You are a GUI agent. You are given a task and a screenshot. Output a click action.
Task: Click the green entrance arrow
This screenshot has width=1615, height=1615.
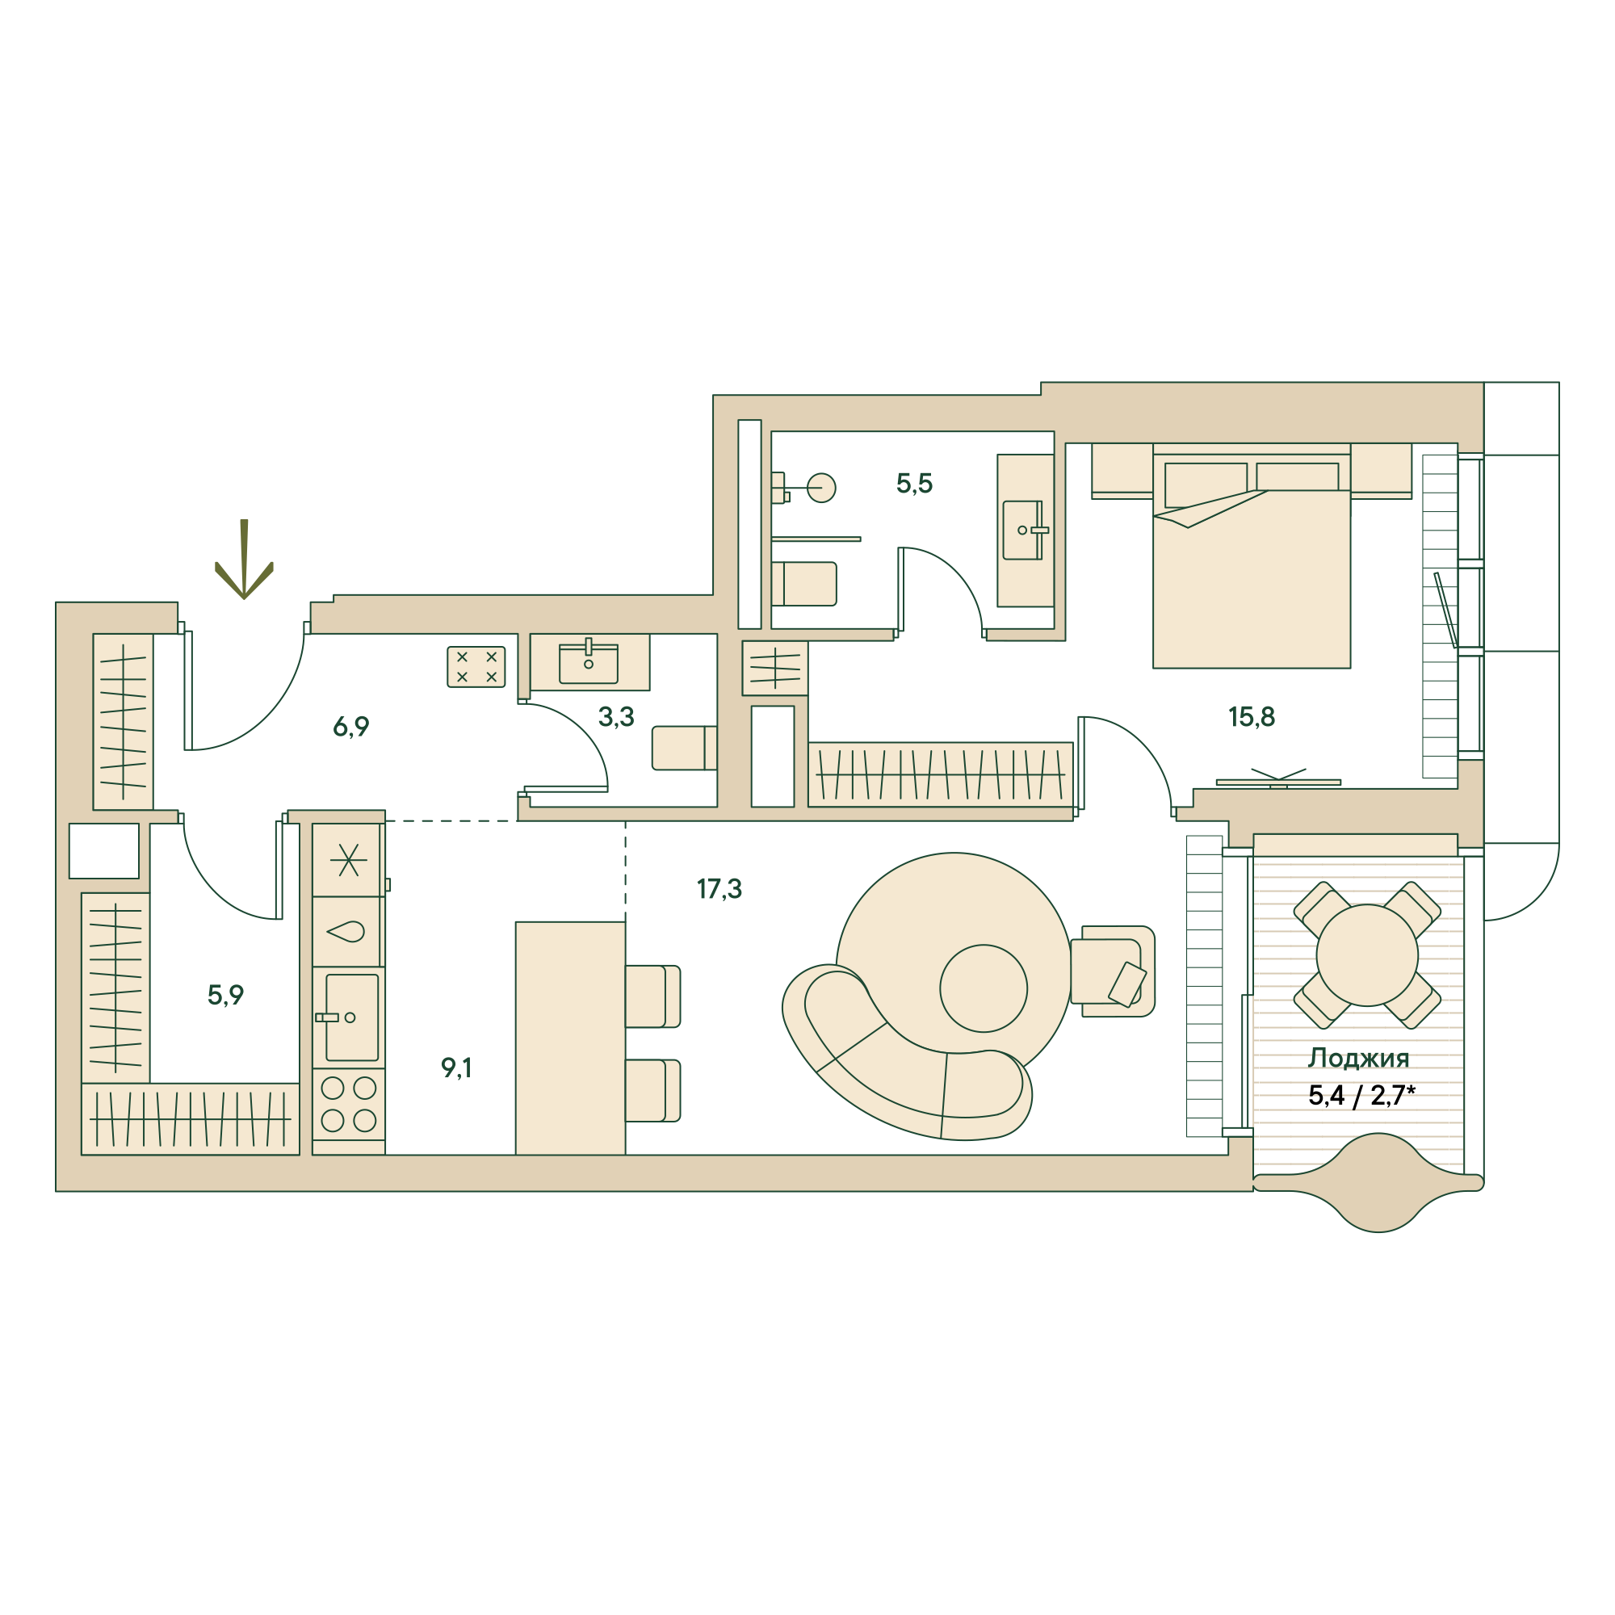pyautogui.click(x=244, y=560)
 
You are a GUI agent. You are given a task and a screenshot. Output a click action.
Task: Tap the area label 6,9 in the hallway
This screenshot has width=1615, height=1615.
pyautogui.click(x=351, y=728)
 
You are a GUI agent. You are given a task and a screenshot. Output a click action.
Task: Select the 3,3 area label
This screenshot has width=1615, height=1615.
pyautogui.click(x=616, y=716)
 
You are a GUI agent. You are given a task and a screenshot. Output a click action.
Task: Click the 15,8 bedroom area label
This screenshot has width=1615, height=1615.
pyautogui.click(x=1252, y=716)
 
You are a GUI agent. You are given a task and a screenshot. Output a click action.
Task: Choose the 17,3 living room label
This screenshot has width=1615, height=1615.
pyautogui.click(x=719, y=888)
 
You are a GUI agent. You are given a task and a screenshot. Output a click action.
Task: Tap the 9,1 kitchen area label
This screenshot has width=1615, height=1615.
pyautogui.click(x=456, y=1068)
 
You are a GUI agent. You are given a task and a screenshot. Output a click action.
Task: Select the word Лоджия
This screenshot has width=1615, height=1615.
pyautogui.click(x=1358, y=1059)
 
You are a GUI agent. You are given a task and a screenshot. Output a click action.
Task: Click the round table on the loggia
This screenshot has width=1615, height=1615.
pyautogui.click(x=1367, y=954)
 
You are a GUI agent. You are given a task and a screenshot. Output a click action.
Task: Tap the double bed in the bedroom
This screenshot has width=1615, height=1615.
pyautogui.click(x=1252, y=561)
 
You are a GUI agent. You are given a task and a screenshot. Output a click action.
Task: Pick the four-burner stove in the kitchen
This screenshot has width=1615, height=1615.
pyautogui.click(x=349, y=1104)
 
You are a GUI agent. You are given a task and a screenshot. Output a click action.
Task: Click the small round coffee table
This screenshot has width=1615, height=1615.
pyautogui.click(x=983, y=988)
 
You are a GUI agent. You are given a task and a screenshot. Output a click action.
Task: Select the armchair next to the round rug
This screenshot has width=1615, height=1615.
pyautogui.click(x=1113, y=971)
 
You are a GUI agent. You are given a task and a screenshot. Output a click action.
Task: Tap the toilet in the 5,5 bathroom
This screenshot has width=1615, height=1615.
pyautogui.click(x=803, y=584)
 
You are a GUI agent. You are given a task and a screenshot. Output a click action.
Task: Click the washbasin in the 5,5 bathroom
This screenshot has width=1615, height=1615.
pyautogui.click(x=1025, y=530)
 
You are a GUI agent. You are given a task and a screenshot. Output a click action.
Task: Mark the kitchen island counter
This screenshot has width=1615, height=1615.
pyautogui.click(x=570, y=1038)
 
